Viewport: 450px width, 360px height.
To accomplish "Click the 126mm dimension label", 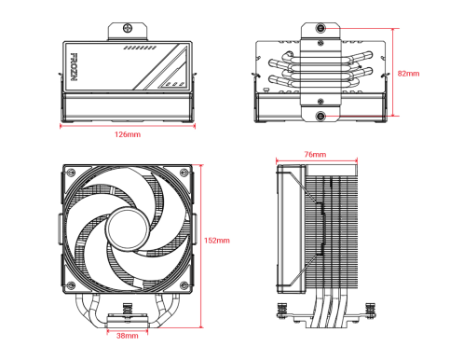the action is click(128, 134).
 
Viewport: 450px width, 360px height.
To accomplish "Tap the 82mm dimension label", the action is click(408, 74).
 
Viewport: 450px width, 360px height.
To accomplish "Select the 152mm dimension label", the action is click(217, 241).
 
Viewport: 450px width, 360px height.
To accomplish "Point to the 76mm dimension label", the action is click(315, 154).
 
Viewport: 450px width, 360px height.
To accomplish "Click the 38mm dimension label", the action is click(128, 336).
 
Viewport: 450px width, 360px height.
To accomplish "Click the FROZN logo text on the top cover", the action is click(74, 67).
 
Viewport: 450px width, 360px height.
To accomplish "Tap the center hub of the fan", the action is click(128, 228).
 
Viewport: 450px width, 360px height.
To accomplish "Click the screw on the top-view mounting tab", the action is click(128, 28).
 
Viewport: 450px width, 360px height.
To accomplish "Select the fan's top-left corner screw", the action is click(71, 172).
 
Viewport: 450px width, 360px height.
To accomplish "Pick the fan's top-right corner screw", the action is click(184, 172).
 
